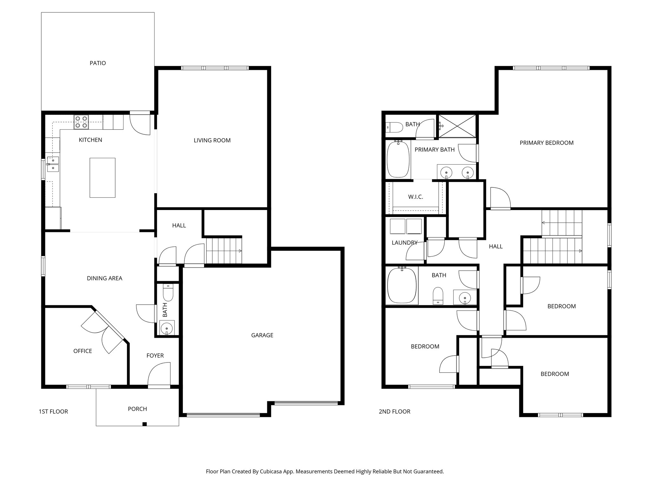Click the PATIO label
(98, 63)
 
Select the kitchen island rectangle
(102, 178)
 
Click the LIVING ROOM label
(212, 140)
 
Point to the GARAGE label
(262, 335)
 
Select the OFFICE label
(83, 351)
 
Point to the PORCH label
(137, 409)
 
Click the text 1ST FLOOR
(53, 412)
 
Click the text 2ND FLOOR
(395, 412)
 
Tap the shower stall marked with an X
(457, 126)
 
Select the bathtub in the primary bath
(398, 159)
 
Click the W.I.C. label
(415, 197)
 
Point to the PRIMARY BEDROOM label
(547, 143)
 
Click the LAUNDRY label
(404, 243)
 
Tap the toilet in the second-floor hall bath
(438, 295)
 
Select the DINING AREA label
(104, 278)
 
